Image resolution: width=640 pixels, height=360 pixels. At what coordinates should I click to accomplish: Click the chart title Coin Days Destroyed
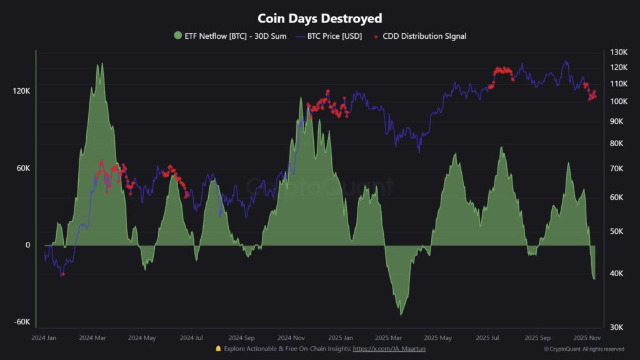[320, 19]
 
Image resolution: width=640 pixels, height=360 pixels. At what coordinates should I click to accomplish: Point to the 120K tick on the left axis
[21, 91]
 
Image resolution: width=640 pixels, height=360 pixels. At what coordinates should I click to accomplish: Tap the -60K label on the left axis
[21, 322]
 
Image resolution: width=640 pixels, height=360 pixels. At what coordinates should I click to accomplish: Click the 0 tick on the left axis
[27, 245]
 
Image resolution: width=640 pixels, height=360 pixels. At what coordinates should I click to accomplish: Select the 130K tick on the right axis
[619, 52]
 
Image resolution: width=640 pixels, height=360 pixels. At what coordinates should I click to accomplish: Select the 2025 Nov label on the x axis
[587, 338]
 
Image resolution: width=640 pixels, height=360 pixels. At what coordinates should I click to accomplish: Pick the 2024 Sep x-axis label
[241, 338]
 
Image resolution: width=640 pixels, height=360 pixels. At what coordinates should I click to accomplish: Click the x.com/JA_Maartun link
[389, 348]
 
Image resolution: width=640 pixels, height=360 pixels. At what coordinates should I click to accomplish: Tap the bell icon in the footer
[218, 348]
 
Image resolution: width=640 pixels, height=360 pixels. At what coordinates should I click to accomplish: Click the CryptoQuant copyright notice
[584, 349]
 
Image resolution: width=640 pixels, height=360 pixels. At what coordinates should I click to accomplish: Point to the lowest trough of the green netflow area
[401, 314]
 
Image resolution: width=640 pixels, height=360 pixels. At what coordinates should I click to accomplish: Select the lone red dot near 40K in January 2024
[63, 274]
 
